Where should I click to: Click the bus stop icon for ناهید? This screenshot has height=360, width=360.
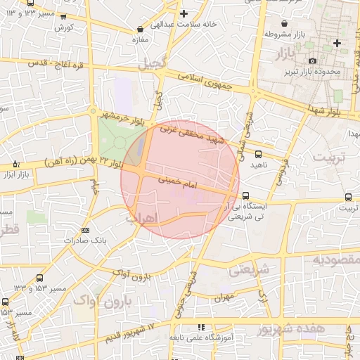tap(257, 153)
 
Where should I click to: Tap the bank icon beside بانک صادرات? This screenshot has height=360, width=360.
tap(86, 230)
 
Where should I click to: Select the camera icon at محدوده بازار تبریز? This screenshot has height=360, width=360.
tap(311, 61)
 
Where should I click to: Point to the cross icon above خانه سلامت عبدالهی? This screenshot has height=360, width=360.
tap(184, 13)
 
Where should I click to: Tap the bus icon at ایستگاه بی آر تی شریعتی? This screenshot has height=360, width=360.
tap(245, 195)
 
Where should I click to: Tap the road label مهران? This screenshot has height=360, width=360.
tap(225, 297)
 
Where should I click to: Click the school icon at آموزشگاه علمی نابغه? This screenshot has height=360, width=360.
tap(201, 328)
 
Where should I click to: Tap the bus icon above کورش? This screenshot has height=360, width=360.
tap(64, 18)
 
